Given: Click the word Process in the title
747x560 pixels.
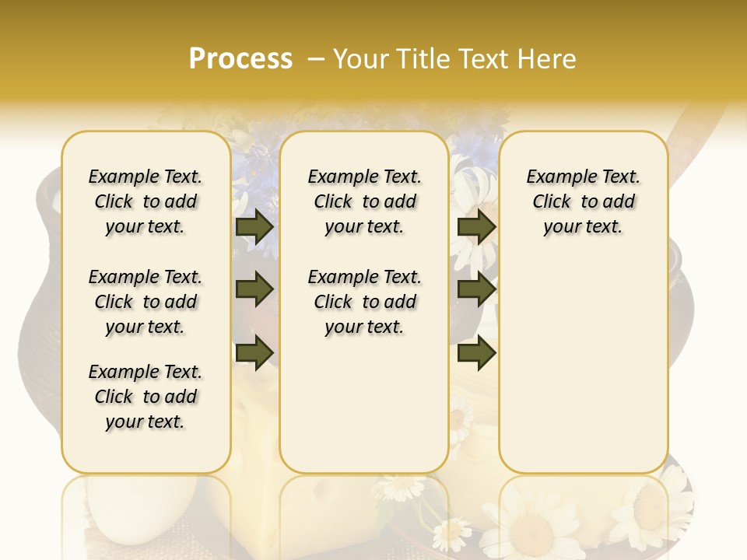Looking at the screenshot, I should tap(240, 59).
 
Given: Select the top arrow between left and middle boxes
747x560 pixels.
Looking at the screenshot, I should tap(254, 226).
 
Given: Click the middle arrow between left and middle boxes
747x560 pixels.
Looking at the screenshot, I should tap(254, 290).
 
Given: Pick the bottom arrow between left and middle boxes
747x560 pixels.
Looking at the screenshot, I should tap(254, 353).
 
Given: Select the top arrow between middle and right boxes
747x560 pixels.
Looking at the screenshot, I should tap(476, 226).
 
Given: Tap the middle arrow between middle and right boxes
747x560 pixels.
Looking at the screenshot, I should tap(476, 290).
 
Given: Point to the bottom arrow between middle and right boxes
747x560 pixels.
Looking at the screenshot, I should tap(476, 353).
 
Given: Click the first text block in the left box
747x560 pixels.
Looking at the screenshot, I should tap(146, 201).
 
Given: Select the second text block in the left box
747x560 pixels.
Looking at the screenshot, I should tap(146, 302).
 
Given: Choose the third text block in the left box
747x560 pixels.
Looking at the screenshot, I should tap(146, 397).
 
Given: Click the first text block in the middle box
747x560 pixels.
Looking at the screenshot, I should tap(364, 201).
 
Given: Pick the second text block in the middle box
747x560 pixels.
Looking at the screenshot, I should tap(364, 302).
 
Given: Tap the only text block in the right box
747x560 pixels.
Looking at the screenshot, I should tap(584, 201).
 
